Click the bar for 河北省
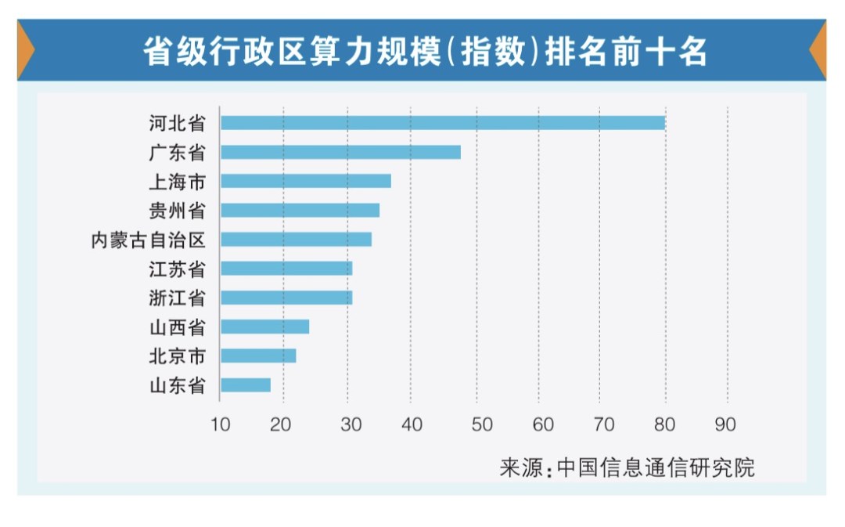coord(442,123)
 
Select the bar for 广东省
coord(340,152)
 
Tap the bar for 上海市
coord(305,181)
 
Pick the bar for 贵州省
coord(300,210)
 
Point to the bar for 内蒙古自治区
coord(296,240)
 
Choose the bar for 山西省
coord(264,327)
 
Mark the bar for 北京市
coord(258,356)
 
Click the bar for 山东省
coord(246,384)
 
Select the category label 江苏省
coord(177,269)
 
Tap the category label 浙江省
coord(177,298)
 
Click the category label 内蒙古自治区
coord(148,240)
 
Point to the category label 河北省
coord(177,123)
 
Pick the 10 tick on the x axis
coord(221,424)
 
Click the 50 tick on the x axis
coord(483,424)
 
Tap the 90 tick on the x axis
coord(725,424)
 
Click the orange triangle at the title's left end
coord(25,51)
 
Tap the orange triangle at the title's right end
coord(818,51)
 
